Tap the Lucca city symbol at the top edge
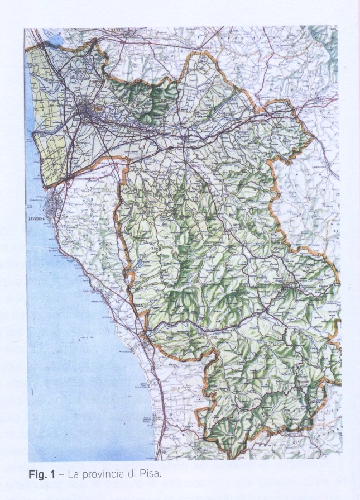point(130,34)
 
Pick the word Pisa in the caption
point(147,475)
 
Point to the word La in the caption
point(73,475)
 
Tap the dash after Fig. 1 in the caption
point(62,475)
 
